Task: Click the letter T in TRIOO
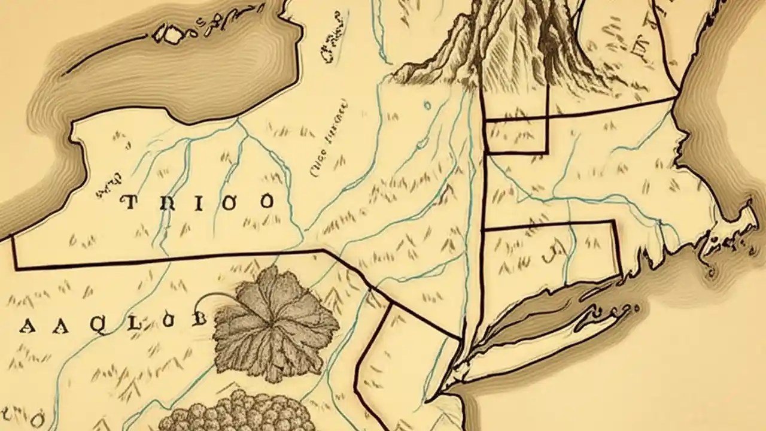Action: [129, 202]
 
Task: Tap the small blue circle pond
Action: [427, 106]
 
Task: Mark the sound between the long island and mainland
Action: [539, 311]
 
